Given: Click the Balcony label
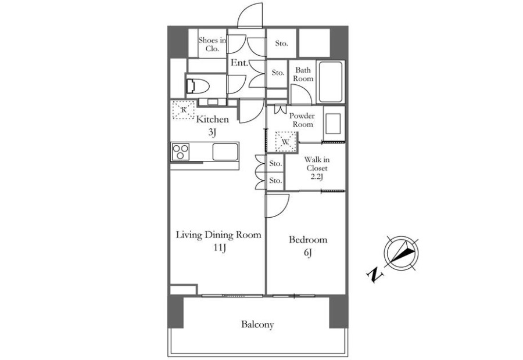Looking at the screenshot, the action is point(257,325).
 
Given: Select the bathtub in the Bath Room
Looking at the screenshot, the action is point(330,82).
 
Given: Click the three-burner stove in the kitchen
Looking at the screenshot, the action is point(181,152).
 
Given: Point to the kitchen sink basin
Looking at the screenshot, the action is point(225,152).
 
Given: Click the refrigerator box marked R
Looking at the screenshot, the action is point(183,110).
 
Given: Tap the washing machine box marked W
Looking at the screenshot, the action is point(286,142).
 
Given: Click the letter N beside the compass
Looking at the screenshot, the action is point(375,274).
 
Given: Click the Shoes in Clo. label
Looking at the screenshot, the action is point(212,44).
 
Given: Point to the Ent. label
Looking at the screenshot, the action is point(239,62).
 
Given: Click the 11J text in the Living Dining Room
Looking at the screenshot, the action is point(220,248).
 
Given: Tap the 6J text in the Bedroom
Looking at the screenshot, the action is point(307,253).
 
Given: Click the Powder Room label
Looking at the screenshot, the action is point(302,120).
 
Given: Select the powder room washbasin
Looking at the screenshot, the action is point(334,124).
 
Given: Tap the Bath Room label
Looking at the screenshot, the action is point(303,74).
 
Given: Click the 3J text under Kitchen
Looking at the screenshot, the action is point(213,132).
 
